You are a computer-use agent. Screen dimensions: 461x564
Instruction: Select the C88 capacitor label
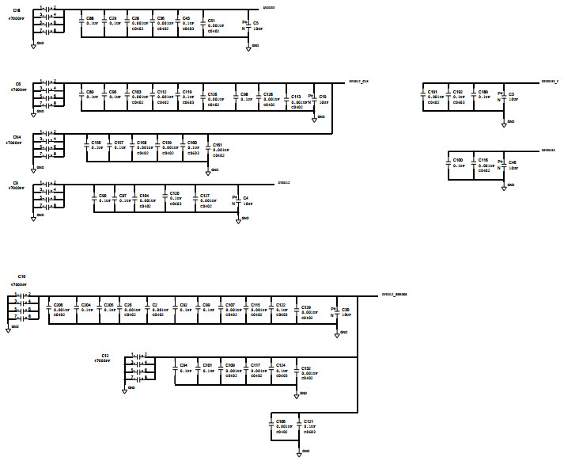pos(90,17)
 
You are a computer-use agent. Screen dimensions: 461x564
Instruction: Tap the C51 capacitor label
pos(211,21)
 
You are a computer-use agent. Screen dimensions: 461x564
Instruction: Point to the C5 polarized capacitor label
pos(256,24)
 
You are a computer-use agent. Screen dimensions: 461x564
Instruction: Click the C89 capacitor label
pos(90,92)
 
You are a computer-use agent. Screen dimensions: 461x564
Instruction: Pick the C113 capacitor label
pos(296,96)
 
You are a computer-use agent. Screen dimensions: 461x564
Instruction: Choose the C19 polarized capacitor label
pos(322,96)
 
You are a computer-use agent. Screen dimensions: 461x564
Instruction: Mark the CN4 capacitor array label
pos(17,137)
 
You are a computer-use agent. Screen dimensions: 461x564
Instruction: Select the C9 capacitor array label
pos(16,183)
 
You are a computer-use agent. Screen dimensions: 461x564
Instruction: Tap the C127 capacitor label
pos(205,195)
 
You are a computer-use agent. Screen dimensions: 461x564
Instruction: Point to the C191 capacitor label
pos(433,92)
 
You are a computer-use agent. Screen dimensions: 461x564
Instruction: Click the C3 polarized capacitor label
pos(511,94)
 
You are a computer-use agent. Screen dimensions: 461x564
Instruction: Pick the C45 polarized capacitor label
pos(513,162)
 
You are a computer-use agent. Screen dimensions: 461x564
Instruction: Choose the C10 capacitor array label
pos(21,277)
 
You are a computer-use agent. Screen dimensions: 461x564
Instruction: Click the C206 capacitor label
pos(58,304)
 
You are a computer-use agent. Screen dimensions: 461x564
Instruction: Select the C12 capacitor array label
pos(104,356)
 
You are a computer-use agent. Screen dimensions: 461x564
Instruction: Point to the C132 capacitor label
pos(306,368)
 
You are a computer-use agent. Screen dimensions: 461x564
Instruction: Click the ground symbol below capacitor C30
pos(338,333)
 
